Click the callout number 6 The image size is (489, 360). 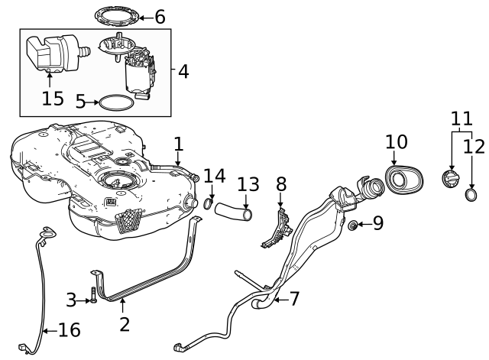(160, 16)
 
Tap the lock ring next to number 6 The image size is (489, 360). (118, 15)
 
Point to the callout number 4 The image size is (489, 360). (183, 72)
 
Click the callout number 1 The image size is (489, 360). (178, 143)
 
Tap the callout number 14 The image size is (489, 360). (214, 177)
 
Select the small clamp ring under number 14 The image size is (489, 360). (209, 204)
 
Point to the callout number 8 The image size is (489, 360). (281, 184)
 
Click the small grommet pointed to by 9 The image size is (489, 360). (353, 225)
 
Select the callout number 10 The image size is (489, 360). (397, 141)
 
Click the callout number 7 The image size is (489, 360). (293, 299)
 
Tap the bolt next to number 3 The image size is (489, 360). (92, 295)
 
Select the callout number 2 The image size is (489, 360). (125, 323)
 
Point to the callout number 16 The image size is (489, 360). (68, 330)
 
